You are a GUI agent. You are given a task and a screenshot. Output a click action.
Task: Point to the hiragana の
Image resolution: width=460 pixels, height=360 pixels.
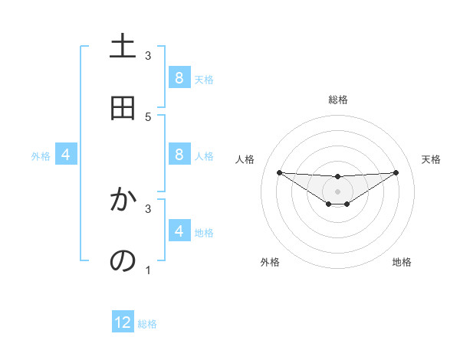pyautogui.click(x=123, y=261)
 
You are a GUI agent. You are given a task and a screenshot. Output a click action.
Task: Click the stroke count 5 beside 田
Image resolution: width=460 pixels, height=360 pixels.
pyautogui.click(x=148, y=116)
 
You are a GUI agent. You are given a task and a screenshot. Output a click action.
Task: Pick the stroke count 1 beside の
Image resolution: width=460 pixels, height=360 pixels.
pyautogui.click(x=148, y=270)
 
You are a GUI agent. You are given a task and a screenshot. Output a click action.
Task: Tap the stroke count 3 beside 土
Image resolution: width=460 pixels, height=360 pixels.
pyautogui.click(x=148, y=55)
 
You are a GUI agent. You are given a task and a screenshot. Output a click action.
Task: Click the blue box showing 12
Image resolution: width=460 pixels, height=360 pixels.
pyautogui.click(x=123, y=322)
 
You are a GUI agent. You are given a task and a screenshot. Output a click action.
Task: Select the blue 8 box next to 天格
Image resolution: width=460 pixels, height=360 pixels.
pyautogui.click(x=179, y=77)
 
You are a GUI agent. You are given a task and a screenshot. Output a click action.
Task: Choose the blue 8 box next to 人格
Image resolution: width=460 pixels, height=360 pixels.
pyautogui.click(x=179, y=154)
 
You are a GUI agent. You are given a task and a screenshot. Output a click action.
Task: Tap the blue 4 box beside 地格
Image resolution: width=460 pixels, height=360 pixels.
pyautogui.click(x=179, y=231)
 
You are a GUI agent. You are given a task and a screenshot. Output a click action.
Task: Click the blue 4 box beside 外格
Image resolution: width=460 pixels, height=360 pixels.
pyautogui.click(x=66, y=155)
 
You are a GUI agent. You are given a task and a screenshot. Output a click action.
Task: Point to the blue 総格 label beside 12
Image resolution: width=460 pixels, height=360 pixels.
pyautogui.click(x=147, y=324)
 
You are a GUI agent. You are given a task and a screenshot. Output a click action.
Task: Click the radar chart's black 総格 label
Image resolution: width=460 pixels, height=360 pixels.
pyautogui.click(x=338, y=100)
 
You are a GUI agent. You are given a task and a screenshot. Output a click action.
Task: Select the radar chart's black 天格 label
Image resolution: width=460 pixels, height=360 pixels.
pyautogui.click(x=432, y=159)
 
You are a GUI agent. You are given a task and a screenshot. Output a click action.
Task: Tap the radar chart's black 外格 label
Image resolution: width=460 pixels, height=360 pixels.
pyautogui.click(x=270, y=262)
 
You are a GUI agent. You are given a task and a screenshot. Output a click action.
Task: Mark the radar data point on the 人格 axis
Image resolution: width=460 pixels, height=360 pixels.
pyautogui.click(x=279, y=172)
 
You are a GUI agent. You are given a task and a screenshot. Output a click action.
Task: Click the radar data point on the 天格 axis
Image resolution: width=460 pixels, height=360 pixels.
pyautogui.click(x=396, y=172)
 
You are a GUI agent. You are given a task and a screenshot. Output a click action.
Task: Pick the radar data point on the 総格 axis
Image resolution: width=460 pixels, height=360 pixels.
pyautogui.click(x=337, y=177)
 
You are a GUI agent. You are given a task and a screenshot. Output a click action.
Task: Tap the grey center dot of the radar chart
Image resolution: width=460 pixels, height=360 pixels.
pyautogui.click(x=337, y=191)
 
